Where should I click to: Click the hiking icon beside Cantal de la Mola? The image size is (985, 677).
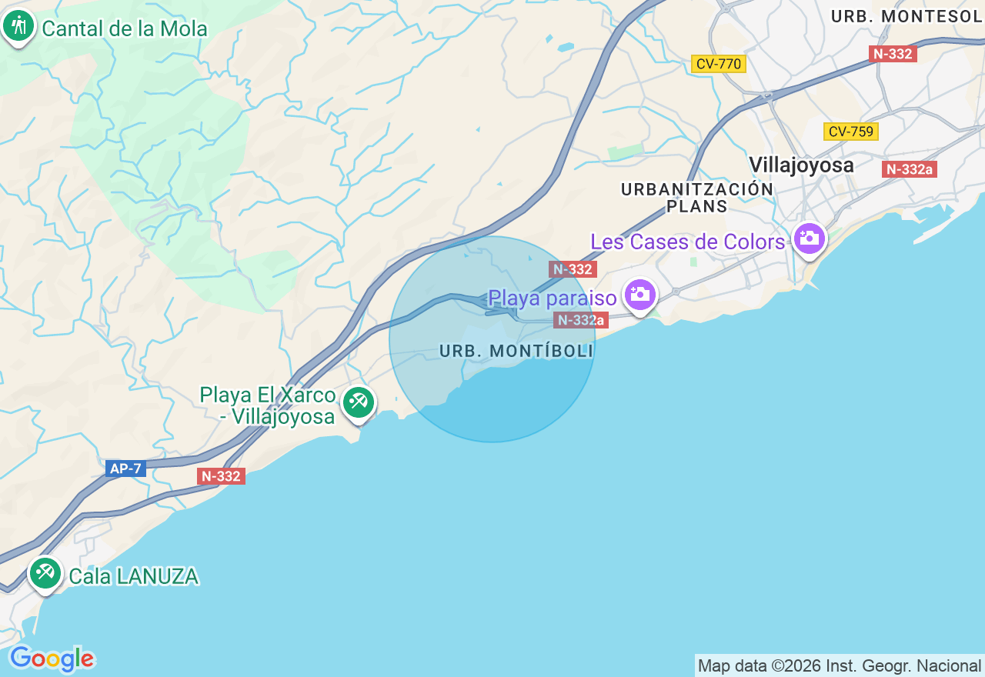point(18,27)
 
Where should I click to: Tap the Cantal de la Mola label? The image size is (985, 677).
point(125,29)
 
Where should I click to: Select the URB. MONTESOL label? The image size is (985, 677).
point(907,16)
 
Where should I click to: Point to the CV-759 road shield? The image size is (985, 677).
point(850,132)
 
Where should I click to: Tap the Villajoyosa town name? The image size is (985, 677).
point(801,165)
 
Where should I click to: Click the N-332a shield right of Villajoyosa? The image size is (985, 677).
point(909,169)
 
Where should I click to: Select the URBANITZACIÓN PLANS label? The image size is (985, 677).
point(697,198)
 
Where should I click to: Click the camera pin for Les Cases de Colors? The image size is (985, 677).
point(809,238)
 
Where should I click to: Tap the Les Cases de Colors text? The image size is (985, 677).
point(687,242)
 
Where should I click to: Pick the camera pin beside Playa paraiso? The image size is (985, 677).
point(639,294)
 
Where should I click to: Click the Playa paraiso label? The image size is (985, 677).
point(553,298)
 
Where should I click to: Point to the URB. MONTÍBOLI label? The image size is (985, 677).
point(516,351)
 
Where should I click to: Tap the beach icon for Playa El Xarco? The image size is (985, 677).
point(358,402)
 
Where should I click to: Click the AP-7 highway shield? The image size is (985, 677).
point(125,469)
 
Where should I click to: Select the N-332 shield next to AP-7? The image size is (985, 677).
point(222,476)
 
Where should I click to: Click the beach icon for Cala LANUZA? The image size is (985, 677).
point(45,572)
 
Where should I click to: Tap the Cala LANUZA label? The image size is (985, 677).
point(134,576)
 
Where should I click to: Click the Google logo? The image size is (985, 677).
point(52,659)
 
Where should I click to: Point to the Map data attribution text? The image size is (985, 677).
point(839,665)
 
